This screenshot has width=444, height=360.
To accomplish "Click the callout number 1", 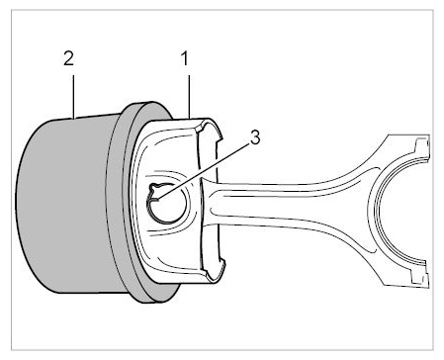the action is pos(185,58).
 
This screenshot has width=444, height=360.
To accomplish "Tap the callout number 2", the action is pos(68,58).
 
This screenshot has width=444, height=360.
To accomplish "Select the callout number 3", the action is pos(255,137).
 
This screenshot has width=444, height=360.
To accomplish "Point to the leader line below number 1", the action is pos(189,97).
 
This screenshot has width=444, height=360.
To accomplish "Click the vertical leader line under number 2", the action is pos(73,97).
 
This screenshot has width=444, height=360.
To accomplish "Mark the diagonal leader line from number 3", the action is pos(203,171).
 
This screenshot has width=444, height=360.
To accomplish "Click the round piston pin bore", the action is pos(167,204).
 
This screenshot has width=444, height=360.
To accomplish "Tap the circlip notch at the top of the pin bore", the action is pos(154,188).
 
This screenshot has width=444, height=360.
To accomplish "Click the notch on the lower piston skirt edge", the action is pos(221,264).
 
